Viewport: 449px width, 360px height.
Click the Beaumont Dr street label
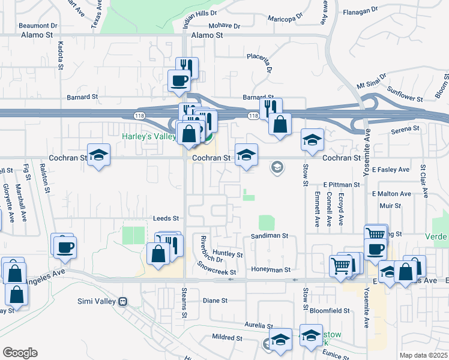click(x=38, y=26)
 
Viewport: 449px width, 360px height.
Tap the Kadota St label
click(x=61, y=55)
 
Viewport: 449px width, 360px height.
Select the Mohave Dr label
click(x=224, y=26)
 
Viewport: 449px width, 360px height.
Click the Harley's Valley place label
click(x=148, y=136)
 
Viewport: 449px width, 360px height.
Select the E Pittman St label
click(x=340, y=185)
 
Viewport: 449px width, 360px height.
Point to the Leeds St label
click(x=166, y=219)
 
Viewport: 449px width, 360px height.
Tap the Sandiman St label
click(x=270, y=236)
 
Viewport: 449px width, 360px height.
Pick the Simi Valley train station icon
click(x=122, y=301)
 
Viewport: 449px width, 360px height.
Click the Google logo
click(x=20, y=352)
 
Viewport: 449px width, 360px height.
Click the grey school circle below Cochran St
click(x=277, y=167)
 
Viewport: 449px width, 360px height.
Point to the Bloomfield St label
click(x=330, y=311)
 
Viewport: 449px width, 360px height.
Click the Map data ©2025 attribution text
click(x=423, y=355)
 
